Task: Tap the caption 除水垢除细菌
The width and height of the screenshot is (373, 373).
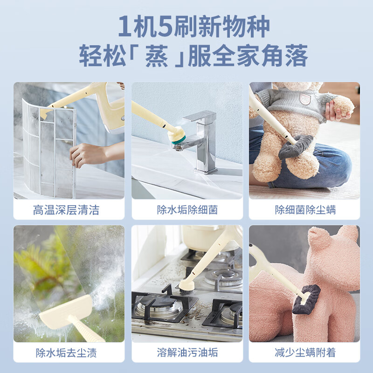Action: [x=187, y=210]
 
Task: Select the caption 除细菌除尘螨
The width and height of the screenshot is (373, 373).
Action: [x=305, y=210]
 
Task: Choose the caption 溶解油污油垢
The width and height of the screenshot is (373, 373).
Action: [x=187, y=352]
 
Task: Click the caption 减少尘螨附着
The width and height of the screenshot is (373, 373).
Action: [x=305, y=352]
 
